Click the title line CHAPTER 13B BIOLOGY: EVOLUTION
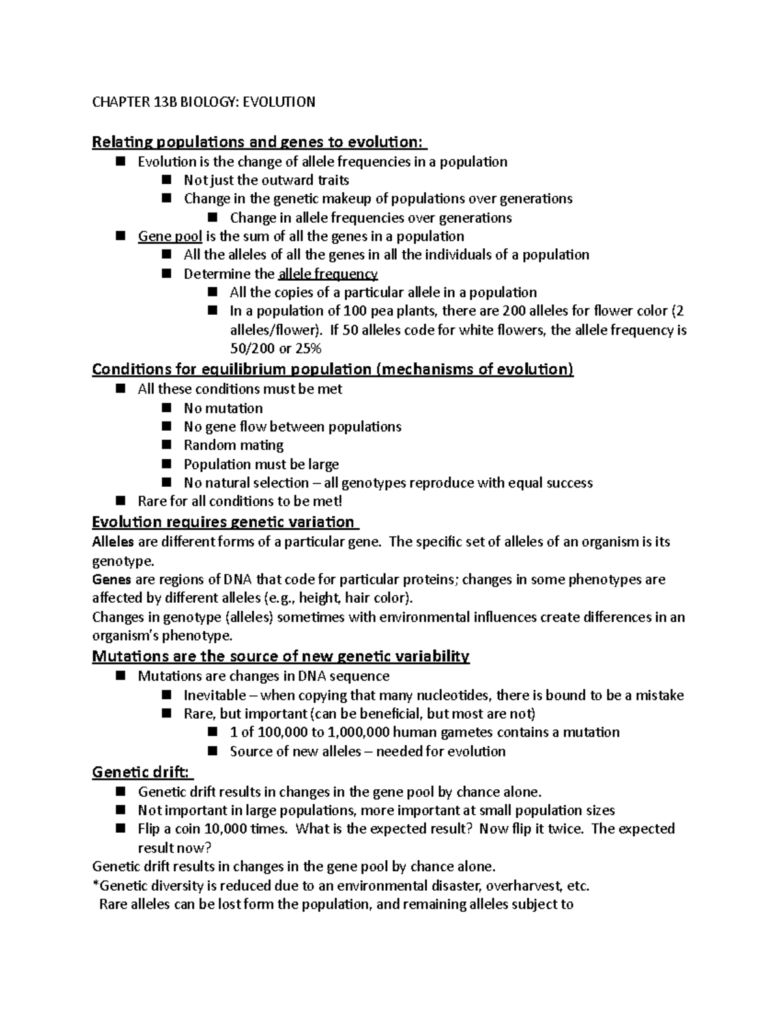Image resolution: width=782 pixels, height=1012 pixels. tap(203, 102)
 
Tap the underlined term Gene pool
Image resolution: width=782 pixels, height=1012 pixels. tap(169, 236)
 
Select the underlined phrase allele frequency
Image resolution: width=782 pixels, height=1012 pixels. tap(328, 274)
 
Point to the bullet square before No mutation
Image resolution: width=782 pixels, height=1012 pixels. tap(167, 408)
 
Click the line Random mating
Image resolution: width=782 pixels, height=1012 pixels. tap(233, 445)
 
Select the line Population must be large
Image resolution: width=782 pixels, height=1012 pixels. tap(261, 464)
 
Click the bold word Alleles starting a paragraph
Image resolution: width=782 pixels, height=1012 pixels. tap(113, 542)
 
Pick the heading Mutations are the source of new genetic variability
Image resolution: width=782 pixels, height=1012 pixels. tap(280, 656)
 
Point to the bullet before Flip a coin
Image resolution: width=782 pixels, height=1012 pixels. tap(121, 828)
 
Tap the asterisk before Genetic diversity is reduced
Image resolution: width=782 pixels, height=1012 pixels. tap(95, 885)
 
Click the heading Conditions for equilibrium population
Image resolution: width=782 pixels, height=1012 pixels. tap(332, 369)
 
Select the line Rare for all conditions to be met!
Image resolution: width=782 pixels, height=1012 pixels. tap(239, 501)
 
